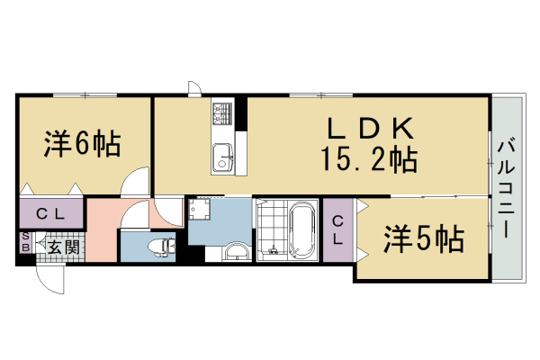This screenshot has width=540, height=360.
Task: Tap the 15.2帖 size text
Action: (367, 160)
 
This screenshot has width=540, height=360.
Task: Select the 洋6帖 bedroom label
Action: (81, 144)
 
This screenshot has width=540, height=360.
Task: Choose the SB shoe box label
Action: (25, 243)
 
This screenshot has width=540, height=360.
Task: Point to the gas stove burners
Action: (222, 113)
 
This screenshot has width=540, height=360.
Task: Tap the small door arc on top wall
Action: (193, 88)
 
